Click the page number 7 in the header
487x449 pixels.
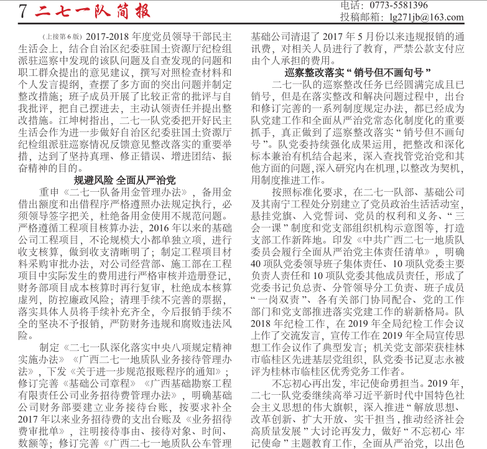23,11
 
